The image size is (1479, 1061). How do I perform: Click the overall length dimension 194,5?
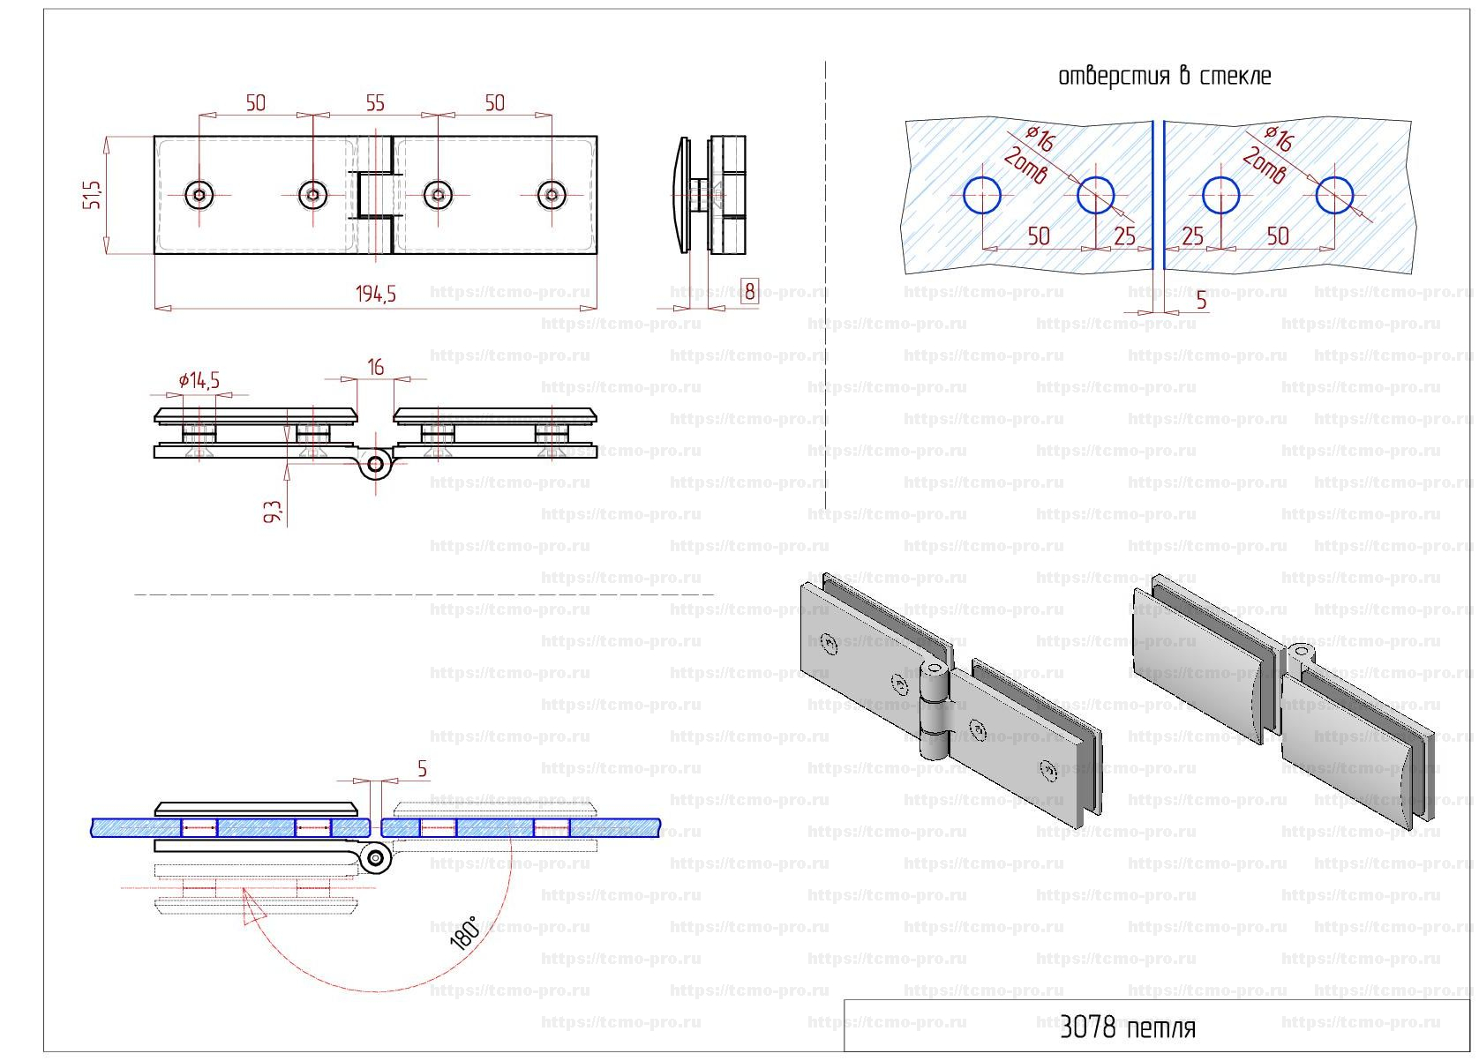tap(376, 294)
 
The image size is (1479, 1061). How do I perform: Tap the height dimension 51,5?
tap(92, 195)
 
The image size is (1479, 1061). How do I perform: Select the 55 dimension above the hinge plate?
tap(375, 103)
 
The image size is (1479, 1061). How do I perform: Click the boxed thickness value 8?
tap(749, 290)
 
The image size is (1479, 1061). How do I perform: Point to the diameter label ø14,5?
tap(199, 380)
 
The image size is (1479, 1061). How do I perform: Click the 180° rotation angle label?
tap(464, 932)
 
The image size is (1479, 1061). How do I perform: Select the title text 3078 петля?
tap(1127, 1027)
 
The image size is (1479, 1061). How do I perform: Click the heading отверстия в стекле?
tap(1164, 76)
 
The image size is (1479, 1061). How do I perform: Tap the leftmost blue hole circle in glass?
tap(981, 195)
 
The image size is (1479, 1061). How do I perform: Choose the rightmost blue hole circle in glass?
tap(1334, 195)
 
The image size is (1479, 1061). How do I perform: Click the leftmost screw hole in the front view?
tap(199, 195)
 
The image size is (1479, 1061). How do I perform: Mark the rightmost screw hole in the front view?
tap(552, 195)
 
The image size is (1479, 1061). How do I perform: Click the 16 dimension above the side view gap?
tap(376, 366)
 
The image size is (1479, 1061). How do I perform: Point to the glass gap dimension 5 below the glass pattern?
tap(1201, 301)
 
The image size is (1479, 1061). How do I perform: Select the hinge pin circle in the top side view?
tap(377, 464)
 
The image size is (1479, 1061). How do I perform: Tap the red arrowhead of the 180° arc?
tap(253, 908)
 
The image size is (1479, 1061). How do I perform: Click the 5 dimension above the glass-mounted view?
tap(422, 769)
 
